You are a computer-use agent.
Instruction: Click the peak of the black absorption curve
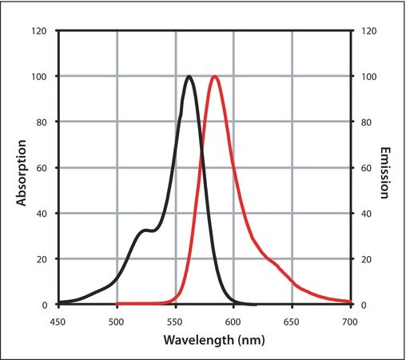[x=189, y=77]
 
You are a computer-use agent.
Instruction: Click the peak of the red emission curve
[x=215, y=77]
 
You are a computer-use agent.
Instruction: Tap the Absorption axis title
[x=22, y=173]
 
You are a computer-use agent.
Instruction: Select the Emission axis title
[x=384, y=173]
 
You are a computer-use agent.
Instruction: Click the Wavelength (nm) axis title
[x=214, y=340]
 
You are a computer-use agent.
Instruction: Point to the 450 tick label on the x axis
[x=58, y=322]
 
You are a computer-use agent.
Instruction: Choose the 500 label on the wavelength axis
[x=116, y=322]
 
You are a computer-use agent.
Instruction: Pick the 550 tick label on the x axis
[x=175, y=322]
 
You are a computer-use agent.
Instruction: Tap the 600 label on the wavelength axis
[x=233, y=322]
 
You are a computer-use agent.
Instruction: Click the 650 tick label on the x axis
[x=292, y=322]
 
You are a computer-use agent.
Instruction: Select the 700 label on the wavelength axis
[x=350, y=322]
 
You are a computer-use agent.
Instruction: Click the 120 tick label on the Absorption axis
[x=39, y=31]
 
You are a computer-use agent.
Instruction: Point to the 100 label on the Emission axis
[x=369, y=77]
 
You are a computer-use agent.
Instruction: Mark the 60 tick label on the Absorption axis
[x=42, y=168]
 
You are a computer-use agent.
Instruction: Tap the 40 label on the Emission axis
[x=367, y=214]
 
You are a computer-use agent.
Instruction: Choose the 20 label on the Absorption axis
[x=42, y=259]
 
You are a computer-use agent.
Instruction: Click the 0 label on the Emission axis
[x=364, y=305]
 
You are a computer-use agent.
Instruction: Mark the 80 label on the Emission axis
[x=367, y=122]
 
